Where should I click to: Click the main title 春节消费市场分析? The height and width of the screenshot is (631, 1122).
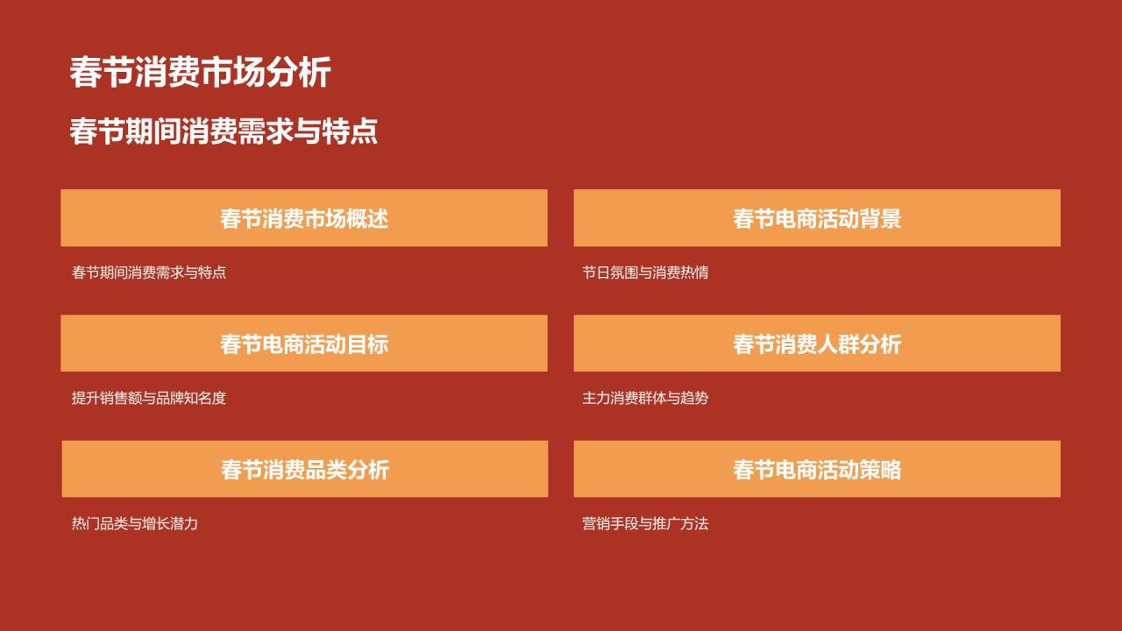tap(200, 73)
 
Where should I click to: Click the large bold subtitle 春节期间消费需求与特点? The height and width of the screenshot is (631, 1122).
tap(224, 131)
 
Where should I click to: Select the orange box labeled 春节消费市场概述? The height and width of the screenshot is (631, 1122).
tap(304, 218)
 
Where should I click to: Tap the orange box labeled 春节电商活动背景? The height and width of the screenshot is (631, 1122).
tap(817, 218)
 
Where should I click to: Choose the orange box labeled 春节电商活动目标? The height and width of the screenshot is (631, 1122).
tap(304, 344)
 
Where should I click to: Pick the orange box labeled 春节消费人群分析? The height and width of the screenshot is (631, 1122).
tap(817, 344)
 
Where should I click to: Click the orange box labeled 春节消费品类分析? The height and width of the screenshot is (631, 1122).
tap(305, 469)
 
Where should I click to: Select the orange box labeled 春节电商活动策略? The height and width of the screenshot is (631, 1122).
tap(817, 469)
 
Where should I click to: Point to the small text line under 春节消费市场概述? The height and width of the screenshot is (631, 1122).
tap(149, 273)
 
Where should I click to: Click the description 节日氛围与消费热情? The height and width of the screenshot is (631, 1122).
tap(645, 273)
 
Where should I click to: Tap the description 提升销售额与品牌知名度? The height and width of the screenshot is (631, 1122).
tap(149, 398)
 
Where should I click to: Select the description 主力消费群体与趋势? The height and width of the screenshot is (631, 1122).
tap(645, 398)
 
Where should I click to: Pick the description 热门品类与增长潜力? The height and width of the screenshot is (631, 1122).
tap(135, 524)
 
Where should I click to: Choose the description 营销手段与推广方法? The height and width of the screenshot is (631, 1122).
tap(645, 524)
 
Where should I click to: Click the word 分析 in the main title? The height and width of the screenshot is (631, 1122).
tap(298, 73)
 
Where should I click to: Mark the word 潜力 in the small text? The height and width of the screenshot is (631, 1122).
tap(184, 524)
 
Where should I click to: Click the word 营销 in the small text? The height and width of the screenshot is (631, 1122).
tap(596, 524)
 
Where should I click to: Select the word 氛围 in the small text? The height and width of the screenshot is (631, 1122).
tap(624, 273)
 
